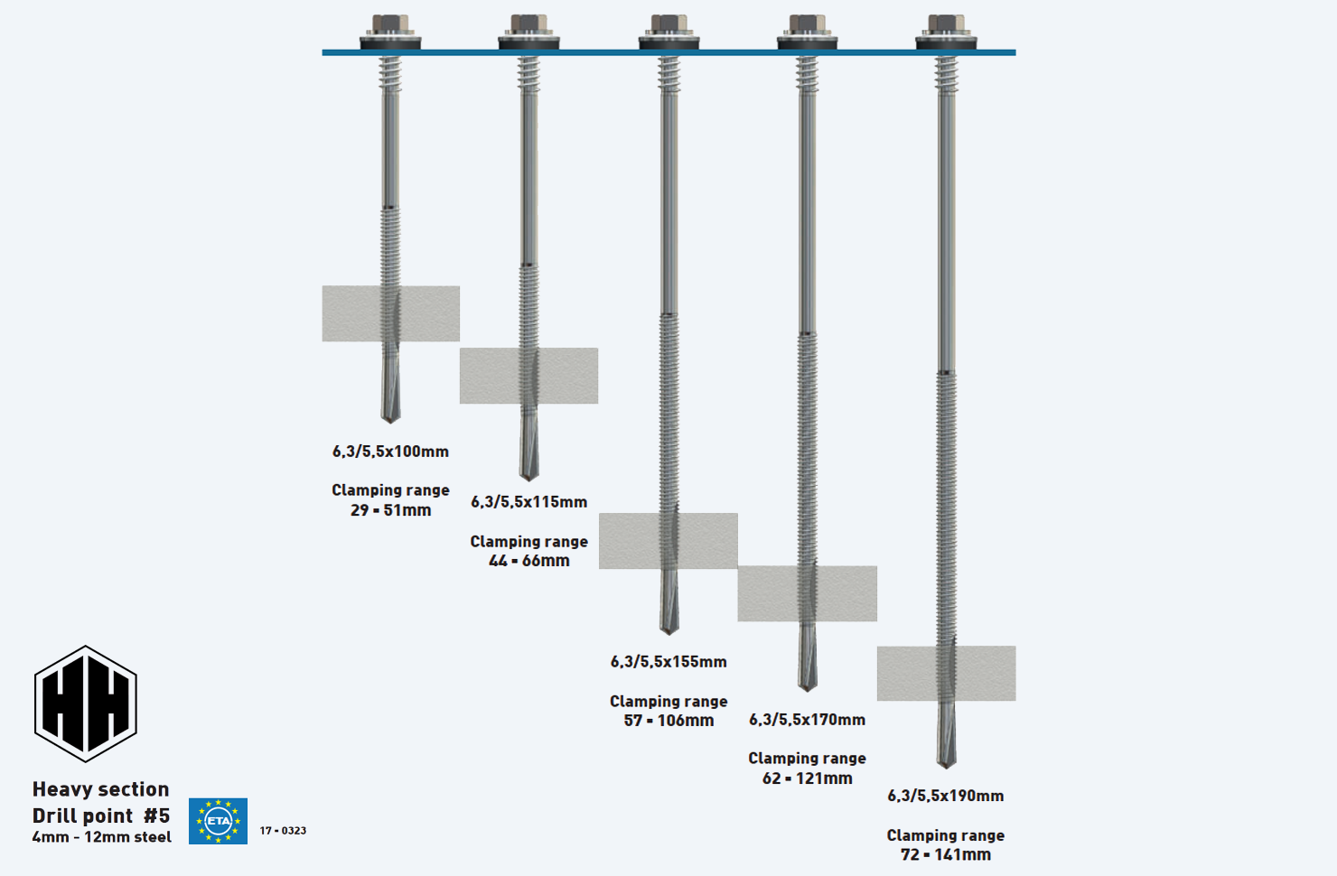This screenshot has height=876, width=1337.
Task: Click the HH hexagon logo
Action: point(85,704)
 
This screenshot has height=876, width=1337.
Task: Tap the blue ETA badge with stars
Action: point(218,821)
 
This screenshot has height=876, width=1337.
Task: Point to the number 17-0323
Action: point(283,831)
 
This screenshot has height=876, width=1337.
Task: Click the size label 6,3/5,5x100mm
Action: point(390,452)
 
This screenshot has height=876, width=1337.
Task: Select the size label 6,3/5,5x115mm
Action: point(528,502)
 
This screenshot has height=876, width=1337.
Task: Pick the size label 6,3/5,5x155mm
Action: point(668,662)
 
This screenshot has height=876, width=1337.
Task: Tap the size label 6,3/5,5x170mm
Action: point(807,720)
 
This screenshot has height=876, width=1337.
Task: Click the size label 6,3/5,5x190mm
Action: point(945,796)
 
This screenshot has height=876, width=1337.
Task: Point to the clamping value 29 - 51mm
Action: point(390,510)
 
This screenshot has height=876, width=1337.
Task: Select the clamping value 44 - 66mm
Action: point(528,561)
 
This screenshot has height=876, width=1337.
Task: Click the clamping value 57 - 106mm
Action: point(668,721)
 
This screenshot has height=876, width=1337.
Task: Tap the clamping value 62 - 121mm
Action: point(807,778)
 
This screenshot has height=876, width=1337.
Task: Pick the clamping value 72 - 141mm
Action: point(945,854)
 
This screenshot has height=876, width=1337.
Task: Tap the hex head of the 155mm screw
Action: point(668,24)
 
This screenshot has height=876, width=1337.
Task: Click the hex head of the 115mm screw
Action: point(528,24)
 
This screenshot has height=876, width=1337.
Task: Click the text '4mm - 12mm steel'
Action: point(101,837)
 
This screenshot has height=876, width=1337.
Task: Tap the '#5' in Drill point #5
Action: point(156,815)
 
